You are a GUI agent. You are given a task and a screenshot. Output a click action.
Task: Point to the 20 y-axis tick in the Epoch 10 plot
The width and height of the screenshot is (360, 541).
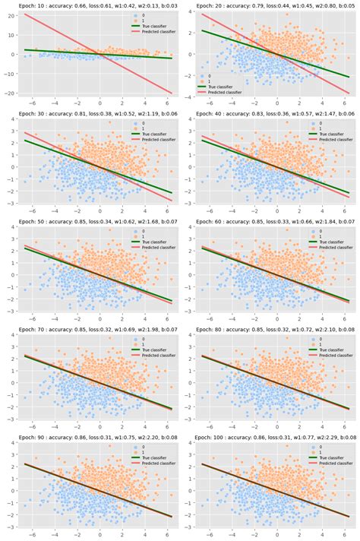click(11, 15)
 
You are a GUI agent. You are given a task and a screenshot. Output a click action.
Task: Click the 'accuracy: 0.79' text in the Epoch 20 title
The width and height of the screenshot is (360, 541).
click(250, 6)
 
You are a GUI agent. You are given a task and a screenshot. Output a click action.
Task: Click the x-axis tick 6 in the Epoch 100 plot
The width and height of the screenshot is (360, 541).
click(346, 533)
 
